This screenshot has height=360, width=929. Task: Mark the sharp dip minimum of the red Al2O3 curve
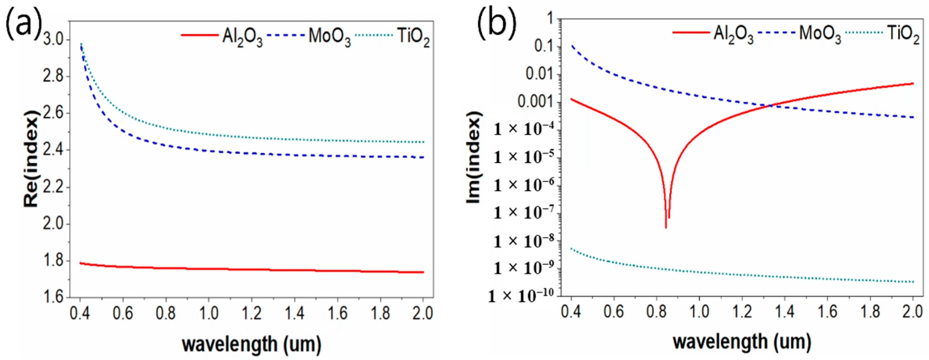(x=666, y=227)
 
